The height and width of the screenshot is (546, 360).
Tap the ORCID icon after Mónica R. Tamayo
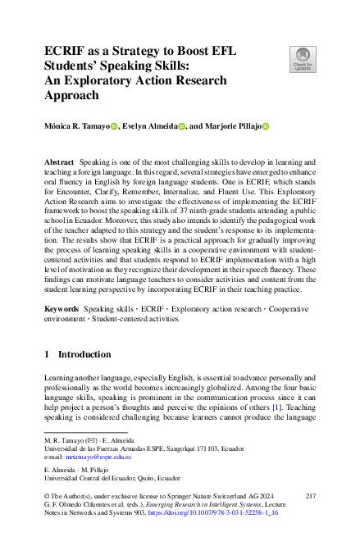point(114,126)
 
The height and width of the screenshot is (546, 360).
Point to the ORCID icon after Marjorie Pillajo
point(265,126)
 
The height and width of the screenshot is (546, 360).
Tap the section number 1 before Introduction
point(48,354)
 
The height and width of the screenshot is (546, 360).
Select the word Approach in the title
point(75,94)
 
